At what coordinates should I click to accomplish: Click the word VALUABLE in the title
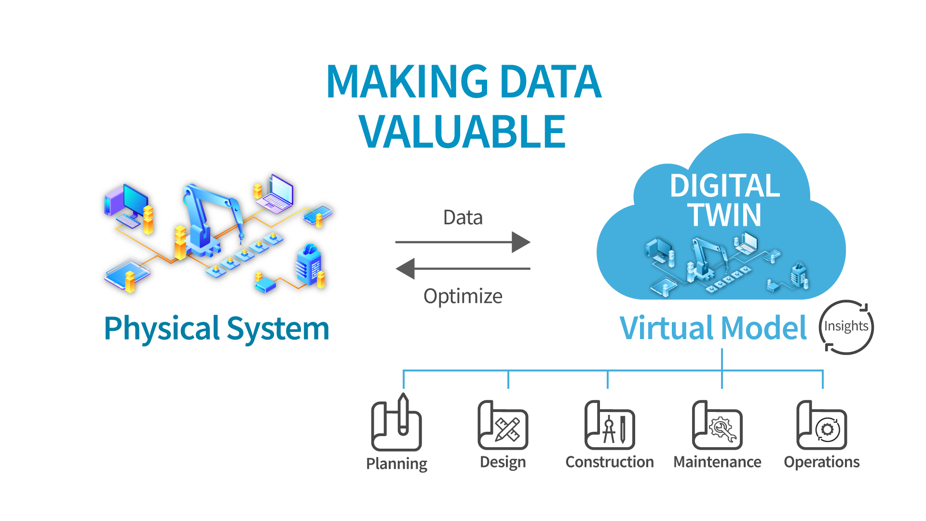(462, 132)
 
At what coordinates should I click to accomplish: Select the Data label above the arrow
(463, 218)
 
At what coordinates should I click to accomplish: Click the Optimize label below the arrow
(463, 296)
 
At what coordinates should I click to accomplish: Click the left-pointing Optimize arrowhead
(406, 269)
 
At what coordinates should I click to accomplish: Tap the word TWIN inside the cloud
(724, 215)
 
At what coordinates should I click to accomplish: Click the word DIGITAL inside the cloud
(724, 186)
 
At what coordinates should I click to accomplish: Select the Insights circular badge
(846, 327)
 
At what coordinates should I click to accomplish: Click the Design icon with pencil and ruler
(503, 425)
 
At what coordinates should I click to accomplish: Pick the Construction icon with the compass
(610, 425)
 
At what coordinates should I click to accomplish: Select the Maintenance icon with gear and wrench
(717, 425)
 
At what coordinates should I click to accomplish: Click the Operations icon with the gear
(822, 425)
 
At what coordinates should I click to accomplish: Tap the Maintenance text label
(717, 462)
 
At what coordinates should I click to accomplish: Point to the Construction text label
(610, 462)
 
